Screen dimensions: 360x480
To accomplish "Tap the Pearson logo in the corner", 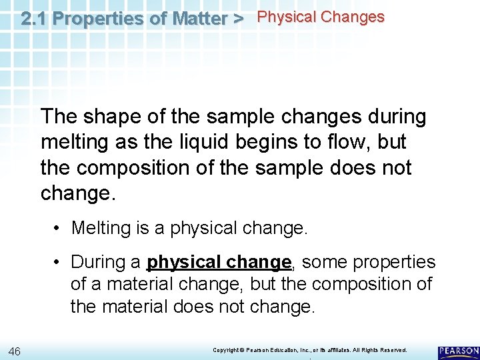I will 459,351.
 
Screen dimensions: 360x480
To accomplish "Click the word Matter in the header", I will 199,18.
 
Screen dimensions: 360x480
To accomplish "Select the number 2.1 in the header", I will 34,18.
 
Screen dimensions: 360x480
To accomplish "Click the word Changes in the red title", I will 353,17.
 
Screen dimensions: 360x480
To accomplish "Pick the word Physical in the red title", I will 287,17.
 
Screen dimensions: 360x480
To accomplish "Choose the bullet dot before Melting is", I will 59,228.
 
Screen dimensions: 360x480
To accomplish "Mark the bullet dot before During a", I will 59,262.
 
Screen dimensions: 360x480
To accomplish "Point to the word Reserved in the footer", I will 391,350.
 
